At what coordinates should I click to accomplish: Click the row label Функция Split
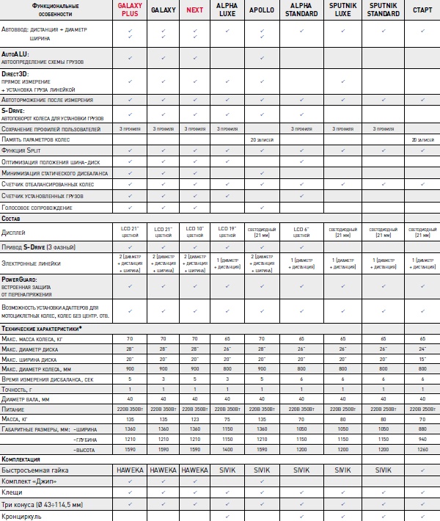[x=26, y=150]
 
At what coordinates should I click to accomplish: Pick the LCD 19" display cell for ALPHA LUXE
[x=227, y=233]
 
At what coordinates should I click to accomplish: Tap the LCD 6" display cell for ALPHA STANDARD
[x=301, y=233]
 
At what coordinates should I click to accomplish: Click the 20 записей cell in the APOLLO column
[x=262, y=139]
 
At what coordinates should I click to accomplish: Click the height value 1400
[x=227, y=447]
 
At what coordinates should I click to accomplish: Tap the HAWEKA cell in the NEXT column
[x=194, y=469]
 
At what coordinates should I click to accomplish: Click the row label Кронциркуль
[x=22, y=515]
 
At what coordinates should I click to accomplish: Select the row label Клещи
[x=12, y=492]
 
